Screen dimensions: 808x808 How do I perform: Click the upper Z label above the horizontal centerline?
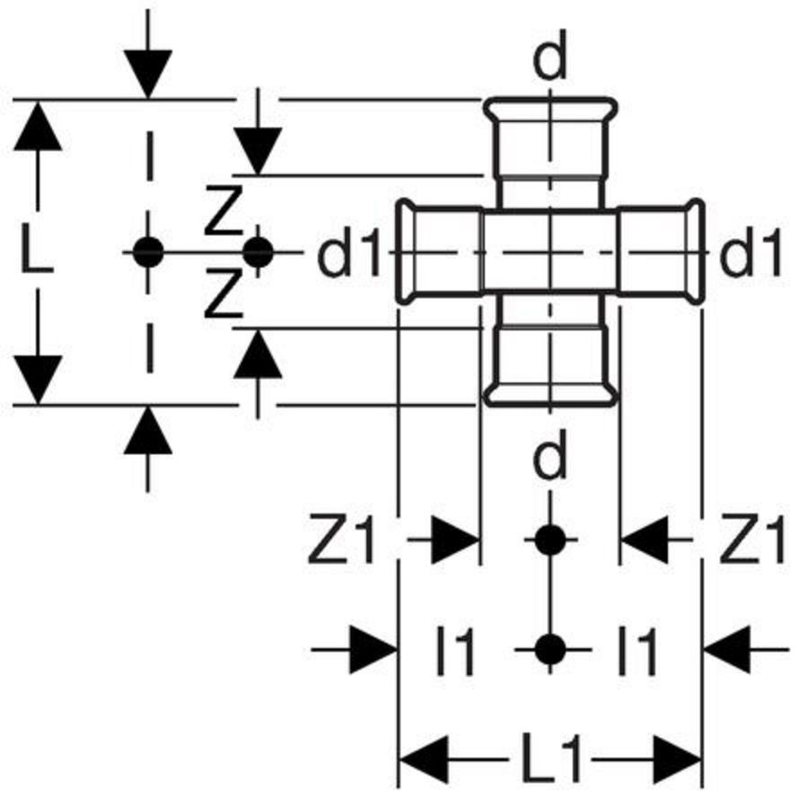223,215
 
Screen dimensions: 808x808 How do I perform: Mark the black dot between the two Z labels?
258,252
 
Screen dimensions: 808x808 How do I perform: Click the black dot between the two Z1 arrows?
550,540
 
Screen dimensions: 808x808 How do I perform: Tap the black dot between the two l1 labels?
550,647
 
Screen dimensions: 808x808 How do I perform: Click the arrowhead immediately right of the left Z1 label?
454,540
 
